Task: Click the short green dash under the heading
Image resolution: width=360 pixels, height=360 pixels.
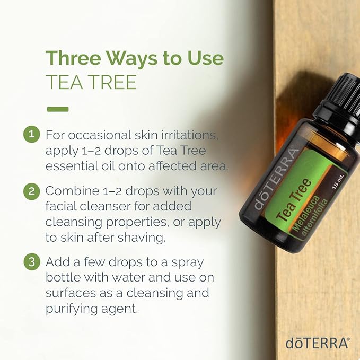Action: pyautogui.click(x=58, y=109)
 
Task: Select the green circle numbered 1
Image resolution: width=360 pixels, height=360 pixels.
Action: pyautogui.click(x=32, y=135)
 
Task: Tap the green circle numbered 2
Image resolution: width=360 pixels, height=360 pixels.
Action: pyautogui.click(x=32, y=191)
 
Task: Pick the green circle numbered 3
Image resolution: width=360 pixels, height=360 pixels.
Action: pyautogui.click(x=32, y=262)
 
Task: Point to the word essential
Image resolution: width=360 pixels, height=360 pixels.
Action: pyautogui.click(x=74, y=166)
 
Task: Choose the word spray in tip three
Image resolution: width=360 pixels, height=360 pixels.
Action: pyautogui.click(x=172, y=262)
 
